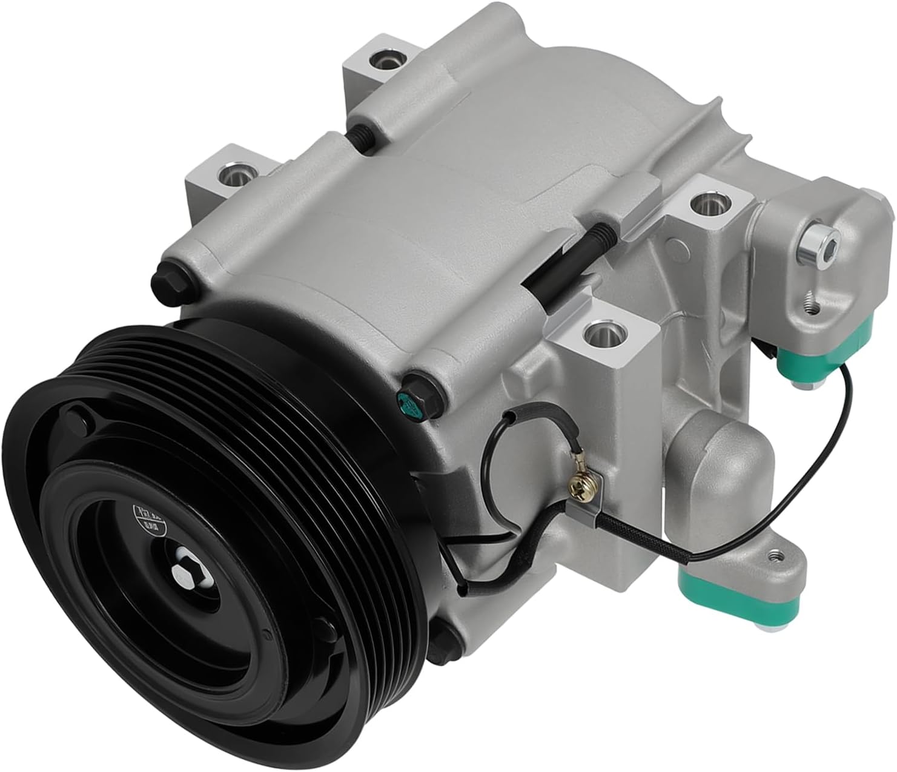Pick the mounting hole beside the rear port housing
click(706, 205)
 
